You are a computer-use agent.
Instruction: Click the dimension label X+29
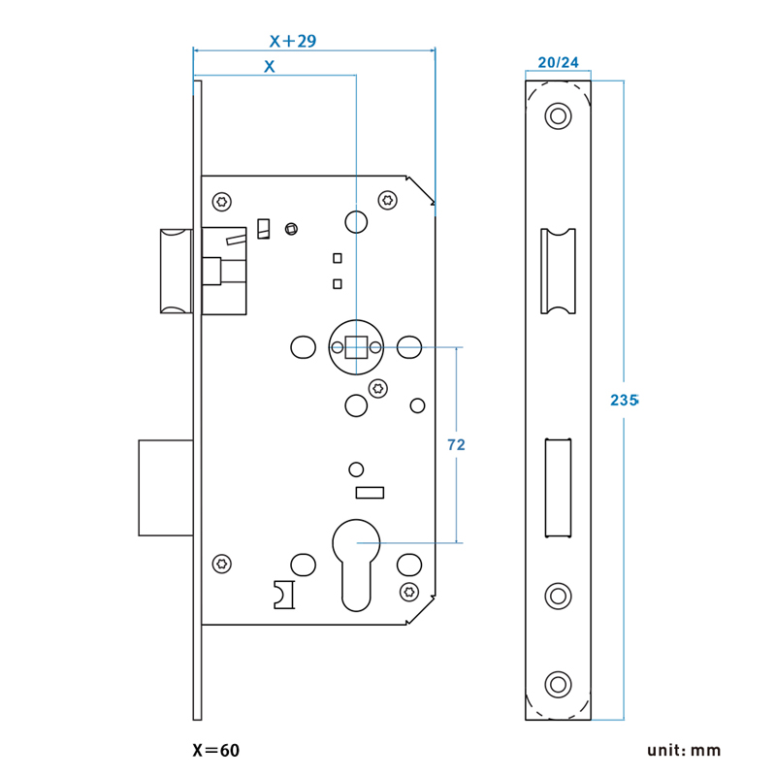tap(294, 41)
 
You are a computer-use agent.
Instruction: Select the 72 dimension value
tap(456, 444)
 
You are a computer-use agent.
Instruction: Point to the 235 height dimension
tap(624, 400)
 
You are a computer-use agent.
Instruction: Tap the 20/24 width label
tap(558, 62)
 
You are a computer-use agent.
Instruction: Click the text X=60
tap(215, 751)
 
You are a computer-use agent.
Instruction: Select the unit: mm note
tap(685, 751)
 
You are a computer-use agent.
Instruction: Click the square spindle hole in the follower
tap(356, 346)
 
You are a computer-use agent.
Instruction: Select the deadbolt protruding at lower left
tap(166, 487)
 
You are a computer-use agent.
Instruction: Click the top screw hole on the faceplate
tap(558, 116)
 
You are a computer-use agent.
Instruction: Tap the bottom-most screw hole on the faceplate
tap(558, 683)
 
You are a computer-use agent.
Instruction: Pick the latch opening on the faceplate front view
tap(558, 271)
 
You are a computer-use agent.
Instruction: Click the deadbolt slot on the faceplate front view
tap(558, 487)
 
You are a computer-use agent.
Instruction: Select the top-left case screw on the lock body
tap(223, 202)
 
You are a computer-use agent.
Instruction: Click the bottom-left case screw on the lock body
tap(223, 562)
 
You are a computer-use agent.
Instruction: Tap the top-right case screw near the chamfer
tap(389, 200)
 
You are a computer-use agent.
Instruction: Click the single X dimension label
tap(270, 67)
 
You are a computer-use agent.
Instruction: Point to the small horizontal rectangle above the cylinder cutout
tap(371, 494)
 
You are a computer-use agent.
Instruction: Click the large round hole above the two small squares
tap(356, 223)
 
